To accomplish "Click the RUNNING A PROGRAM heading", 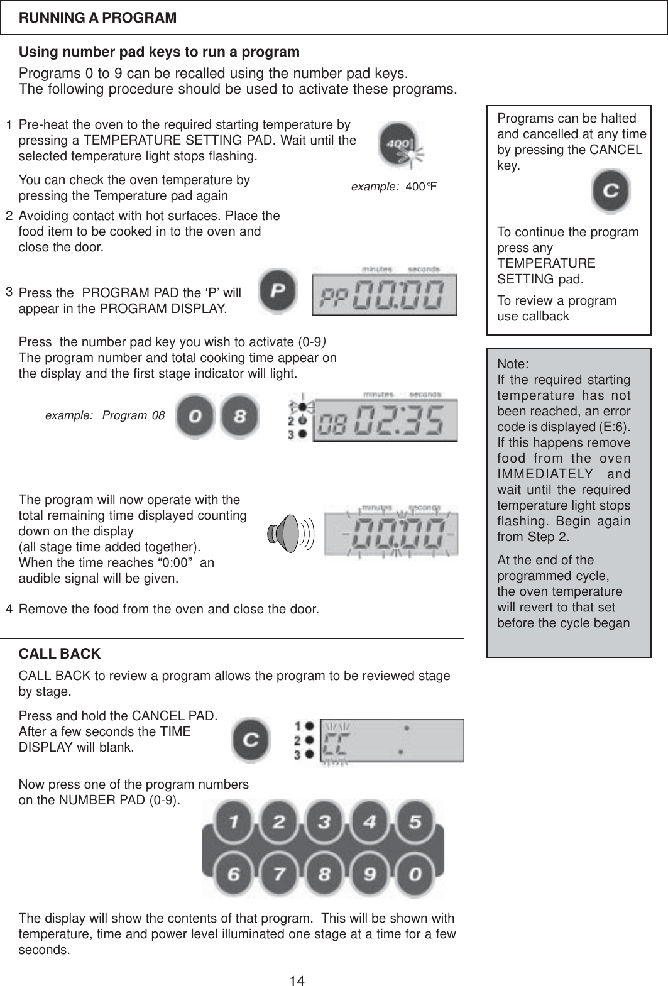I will (98, 18).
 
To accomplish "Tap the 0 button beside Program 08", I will (194, 415).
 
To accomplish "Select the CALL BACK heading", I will (60, 654).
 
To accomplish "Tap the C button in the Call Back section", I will (251, 740).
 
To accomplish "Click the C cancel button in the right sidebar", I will (610, 191).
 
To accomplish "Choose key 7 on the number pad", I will (279, 874).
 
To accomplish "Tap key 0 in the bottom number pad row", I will (415, 874).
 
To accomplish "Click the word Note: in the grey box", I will (513, 364).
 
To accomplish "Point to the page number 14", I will (297, 979).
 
